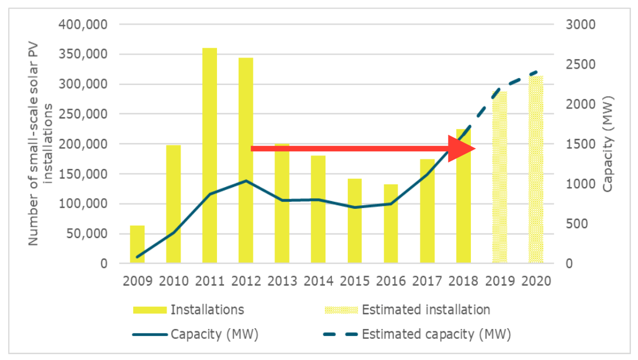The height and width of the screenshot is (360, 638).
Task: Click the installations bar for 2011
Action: (209, 155)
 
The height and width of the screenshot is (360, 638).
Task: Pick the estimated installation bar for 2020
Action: (536, 170)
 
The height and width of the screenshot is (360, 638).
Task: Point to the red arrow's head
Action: (463, 148)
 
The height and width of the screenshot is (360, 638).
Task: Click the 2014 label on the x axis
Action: (318, 281)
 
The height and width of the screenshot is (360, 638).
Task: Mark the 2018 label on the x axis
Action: (463, 281)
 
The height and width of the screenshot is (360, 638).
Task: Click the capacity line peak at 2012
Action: (246, 181)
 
